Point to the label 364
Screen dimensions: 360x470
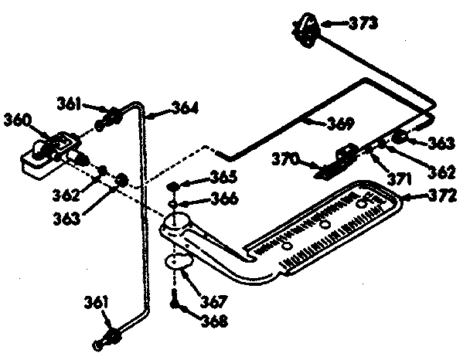click(183, 109)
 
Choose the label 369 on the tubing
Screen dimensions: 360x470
click(339, 123)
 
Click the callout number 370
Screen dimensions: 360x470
click(284, 161)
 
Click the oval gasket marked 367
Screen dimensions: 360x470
click(179, 262)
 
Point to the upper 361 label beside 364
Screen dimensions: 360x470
click(70, 101)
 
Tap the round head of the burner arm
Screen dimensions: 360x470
click(177, 223)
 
